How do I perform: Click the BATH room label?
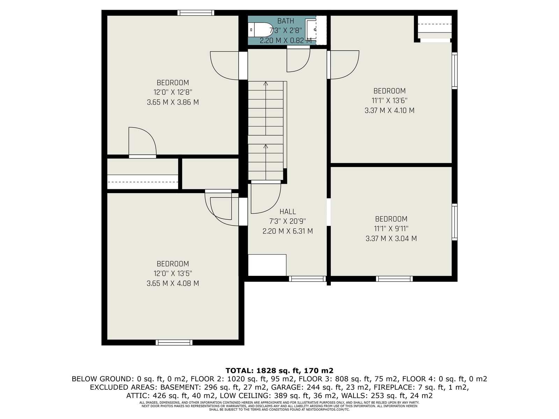click(285, 21)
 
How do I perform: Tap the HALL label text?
click(288, 211)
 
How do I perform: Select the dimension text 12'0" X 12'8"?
click(173, 92)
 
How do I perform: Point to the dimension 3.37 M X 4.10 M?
click(390, 110)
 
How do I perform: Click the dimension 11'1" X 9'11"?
click(391, 229)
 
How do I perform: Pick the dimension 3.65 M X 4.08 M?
click(173, 283)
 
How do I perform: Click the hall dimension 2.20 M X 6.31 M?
click(288, 231)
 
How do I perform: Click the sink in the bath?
click(311, 30)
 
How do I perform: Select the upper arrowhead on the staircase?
click(266, 83)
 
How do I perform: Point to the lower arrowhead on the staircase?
click(266, 146)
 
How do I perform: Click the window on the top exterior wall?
click(196, 13)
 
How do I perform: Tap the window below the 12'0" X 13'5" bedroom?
click(174, 343)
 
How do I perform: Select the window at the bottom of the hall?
click(307, 279)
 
